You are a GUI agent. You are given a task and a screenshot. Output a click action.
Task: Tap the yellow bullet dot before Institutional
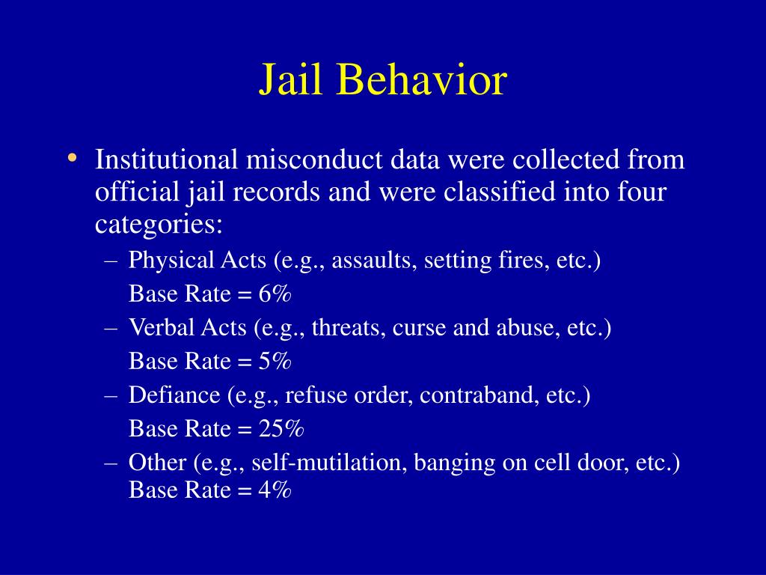pyautogui.click(x=72, y=158)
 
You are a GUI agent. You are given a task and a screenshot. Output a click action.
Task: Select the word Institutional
pyautogui.click(x=165, y=159)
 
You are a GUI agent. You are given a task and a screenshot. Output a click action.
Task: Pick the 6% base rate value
pyautogui.click(x=275, y=294)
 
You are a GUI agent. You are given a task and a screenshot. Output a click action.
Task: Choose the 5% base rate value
pyautogui.click(x=275, y=362)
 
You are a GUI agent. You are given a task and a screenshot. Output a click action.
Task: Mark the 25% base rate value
pyautogui.click(x=281, y=429)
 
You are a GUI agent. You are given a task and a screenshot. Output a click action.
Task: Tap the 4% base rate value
pyautogui.click(x=275, y=490)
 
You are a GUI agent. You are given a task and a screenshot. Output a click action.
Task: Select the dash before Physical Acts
pyautogui.click(x=112, y=261)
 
